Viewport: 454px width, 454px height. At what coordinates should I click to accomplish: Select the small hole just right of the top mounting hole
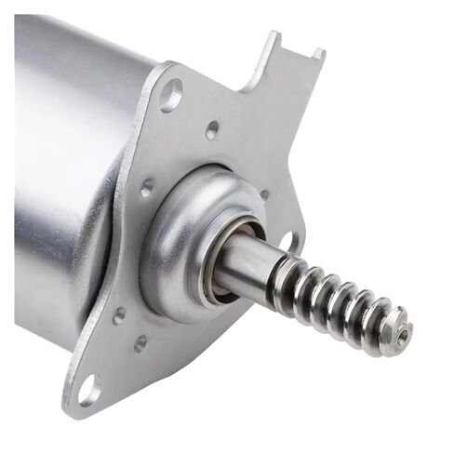212,129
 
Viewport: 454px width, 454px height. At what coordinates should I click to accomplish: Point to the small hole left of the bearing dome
146,187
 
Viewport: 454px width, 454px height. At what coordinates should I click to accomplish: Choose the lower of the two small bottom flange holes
140,342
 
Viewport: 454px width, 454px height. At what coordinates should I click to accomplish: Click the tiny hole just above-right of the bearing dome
264,194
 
